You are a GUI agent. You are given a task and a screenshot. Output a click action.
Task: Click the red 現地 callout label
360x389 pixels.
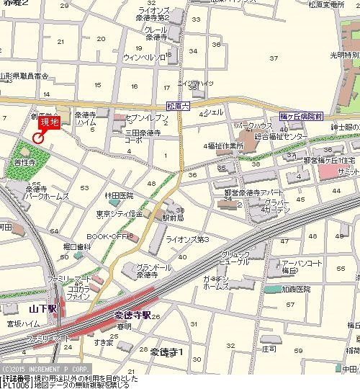50,122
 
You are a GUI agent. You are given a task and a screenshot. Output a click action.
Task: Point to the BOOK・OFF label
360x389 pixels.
107,236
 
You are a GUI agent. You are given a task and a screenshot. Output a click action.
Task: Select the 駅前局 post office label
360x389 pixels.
171,217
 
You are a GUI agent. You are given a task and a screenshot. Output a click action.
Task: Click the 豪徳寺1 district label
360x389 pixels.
166,352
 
